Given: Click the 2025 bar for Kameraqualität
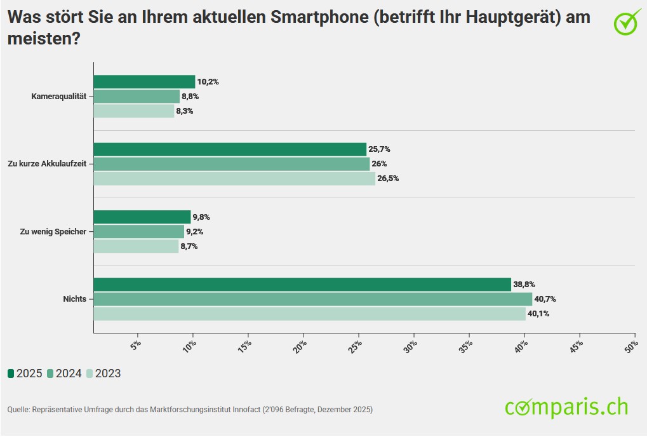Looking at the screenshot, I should click(x=144, y=81).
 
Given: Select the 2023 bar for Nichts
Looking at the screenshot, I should click(x=309, y=314).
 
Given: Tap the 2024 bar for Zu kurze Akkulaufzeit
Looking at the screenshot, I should click(x=231, y=164).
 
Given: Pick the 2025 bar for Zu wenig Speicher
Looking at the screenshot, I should click(x=142, y=217).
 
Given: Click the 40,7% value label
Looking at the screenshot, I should click(x=545, y=299).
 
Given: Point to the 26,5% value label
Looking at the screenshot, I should click(x=388, y=178).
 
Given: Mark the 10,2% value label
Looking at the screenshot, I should click(x=208, y=82).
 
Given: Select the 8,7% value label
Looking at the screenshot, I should click(x=189, y=246).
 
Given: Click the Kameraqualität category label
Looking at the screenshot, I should click(x=58, y=97).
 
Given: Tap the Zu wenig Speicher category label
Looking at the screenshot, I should click(x=53, y=232).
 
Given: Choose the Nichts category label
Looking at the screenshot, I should click(x=74, y=299).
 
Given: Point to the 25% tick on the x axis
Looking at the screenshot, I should click(x=356, y=346).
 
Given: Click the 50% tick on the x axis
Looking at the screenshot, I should click(x=632, y=346).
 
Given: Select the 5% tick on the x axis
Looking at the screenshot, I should click(x=136, y=346).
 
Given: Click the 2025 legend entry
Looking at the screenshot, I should click(x=25, y=373).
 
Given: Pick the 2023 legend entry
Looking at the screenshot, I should click(x=103, y=373).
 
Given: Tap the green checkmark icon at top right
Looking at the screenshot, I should click(x=627, y=22).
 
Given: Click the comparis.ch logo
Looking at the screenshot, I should click(x=566, y=407).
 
